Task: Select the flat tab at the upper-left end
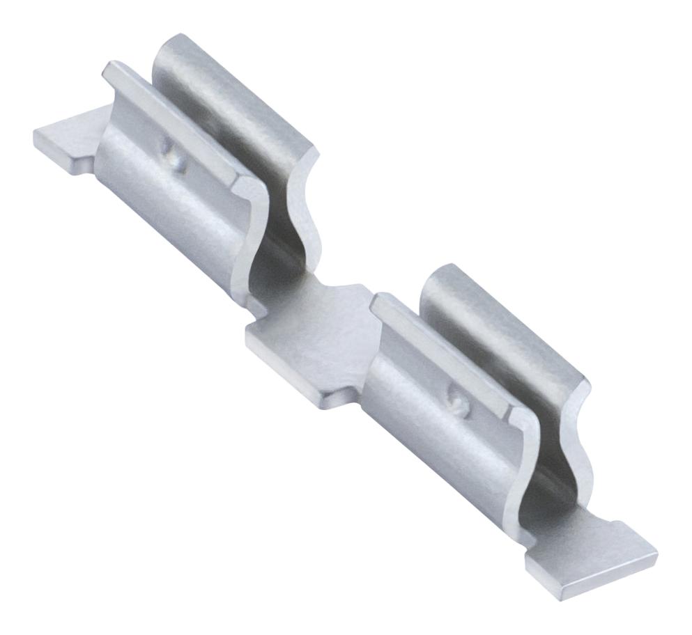(66, 139)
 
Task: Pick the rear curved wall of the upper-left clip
(230, 104)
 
